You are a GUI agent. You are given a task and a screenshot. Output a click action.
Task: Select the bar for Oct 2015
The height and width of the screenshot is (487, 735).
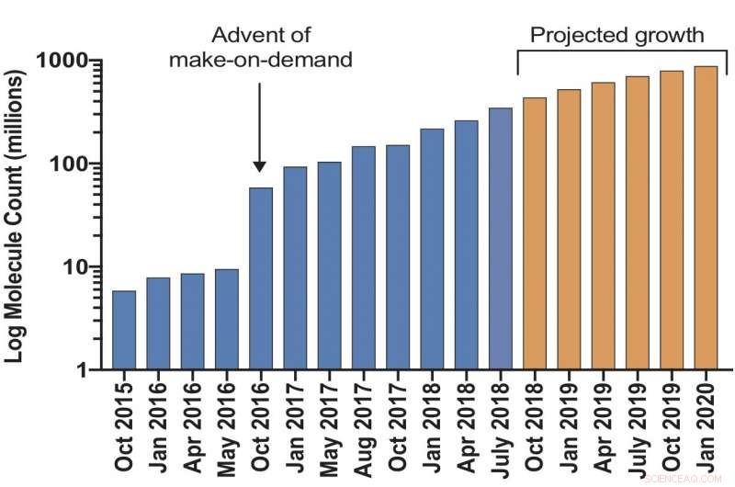pos(124,331)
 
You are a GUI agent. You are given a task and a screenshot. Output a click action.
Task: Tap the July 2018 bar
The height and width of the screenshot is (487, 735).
pos(501,239)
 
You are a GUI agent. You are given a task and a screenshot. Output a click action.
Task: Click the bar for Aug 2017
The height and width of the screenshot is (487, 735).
pos(364,258)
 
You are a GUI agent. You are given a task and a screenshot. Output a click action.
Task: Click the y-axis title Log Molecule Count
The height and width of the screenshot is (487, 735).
pos(17,216)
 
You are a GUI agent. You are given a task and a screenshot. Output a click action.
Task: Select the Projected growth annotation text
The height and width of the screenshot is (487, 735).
pos(617,36)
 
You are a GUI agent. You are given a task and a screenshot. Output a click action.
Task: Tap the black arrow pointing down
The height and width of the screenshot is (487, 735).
pos(260,129)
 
